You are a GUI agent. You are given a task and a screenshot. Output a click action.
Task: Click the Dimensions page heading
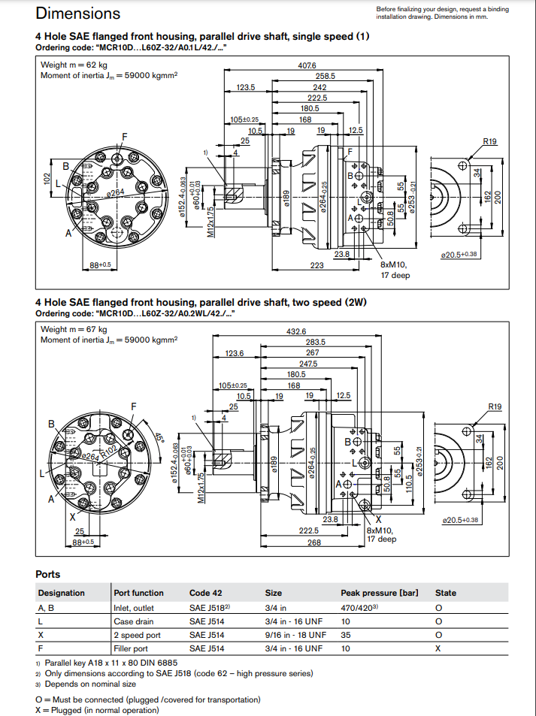coord(77,13)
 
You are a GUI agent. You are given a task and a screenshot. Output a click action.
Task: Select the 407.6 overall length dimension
coord(307,66)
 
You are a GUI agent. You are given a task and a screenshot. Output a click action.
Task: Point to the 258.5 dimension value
coord(325,77)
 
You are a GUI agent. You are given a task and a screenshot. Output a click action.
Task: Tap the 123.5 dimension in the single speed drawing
coord(246,87)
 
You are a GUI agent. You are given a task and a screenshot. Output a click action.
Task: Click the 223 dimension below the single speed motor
coord(316,264)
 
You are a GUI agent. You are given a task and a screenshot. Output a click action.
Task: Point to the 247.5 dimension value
coord(308,364)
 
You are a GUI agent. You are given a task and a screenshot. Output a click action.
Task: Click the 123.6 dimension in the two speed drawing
coord(235,353)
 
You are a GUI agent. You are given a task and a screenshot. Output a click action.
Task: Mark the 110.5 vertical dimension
coord(409,481)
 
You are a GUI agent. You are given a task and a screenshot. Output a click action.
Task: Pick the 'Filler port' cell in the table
coord(131,648)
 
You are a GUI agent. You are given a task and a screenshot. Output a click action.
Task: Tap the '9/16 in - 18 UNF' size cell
coord(294,635)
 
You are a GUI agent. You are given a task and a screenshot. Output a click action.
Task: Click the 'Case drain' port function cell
coord(134,621)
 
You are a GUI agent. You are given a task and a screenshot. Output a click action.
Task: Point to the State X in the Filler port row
coord(438,648)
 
